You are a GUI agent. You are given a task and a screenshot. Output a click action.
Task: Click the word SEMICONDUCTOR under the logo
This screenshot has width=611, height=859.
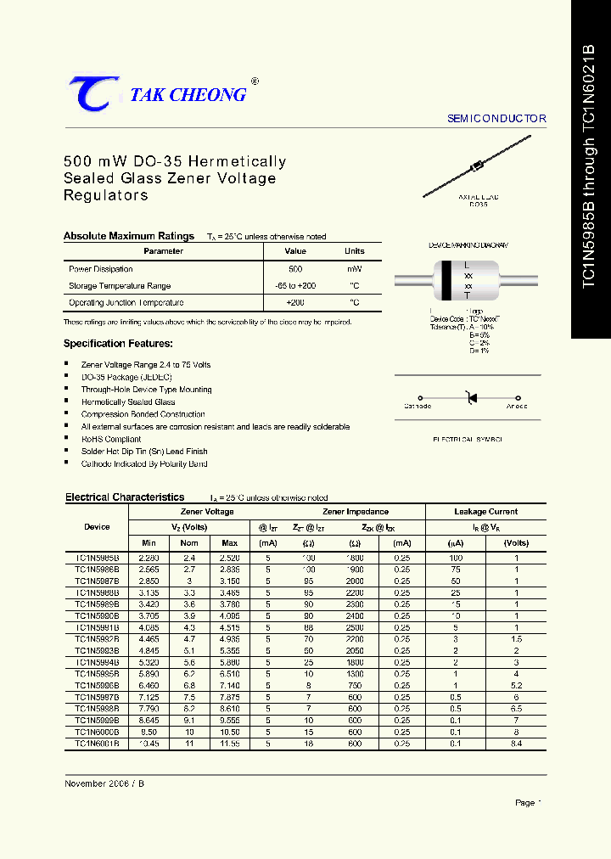coord(496,119)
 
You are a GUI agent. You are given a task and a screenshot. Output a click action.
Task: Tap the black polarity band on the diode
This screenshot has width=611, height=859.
coord(446,280)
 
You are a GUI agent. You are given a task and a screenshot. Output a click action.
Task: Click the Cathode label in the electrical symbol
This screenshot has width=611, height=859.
coord(418,407)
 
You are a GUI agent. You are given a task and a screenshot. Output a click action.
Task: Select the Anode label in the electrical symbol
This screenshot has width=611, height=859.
coord(517,407)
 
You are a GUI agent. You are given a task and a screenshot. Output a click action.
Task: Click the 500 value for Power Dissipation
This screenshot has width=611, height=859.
coord(295,268)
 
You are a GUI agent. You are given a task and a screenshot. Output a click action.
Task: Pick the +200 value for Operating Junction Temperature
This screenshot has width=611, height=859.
coord(295,302)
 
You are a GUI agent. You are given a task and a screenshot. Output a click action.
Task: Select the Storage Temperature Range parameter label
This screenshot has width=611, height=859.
coord(120,286)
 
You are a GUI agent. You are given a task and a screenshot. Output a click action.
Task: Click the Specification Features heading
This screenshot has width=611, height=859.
coord(118,344)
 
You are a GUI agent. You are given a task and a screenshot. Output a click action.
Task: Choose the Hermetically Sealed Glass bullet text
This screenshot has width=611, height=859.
coord(128,401)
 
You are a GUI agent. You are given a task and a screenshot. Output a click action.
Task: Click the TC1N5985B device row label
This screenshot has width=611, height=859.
coord(97,557)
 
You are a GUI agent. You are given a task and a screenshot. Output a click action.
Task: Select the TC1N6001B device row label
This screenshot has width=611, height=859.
coord(97,743)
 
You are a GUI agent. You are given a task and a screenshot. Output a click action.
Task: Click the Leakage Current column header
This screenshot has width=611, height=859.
coord(485,512)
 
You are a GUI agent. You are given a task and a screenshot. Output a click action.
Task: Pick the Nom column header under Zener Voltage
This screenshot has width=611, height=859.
coord(189,542)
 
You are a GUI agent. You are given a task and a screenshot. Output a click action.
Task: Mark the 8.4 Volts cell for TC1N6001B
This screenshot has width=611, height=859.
coord(516,743)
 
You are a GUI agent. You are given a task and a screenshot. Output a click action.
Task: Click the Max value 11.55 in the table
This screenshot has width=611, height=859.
coord(229,743)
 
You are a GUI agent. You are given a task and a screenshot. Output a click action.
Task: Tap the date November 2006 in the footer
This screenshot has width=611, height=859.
coord(97,783)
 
